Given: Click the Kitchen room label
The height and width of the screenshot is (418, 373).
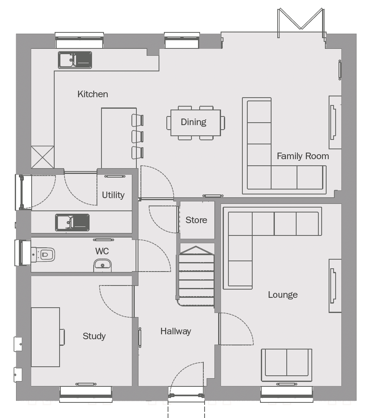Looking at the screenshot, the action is (x=93, y=94).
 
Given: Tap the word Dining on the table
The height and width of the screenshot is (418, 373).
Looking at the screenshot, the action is (x=193, y=122).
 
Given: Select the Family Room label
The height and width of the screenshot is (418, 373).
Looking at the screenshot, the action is (x=303, y=156).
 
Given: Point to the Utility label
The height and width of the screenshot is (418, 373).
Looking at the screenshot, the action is (x=113, y=195).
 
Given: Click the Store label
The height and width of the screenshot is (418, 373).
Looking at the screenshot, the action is (x=196, y=220).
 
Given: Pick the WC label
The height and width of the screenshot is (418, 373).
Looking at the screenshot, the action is (x=102, y=251).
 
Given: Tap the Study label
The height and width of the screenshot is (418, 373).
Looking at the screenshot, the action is (x=94, y=336).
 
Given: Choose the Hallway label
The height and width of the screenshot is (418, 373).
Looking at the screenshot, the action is (x=176, y=331).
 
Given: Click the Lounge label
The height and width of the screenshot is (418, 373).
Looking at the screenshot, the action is (x=283, y=295).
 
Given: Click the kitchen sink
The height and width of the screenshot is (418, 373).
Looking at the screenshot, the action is (x=75, y=60).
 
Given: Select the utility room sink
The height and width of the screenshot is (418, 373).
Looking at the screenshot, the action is (x=72, y=222).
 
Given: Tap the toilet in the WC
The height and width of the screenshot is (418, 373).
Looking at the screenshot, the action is (x=43, y=255).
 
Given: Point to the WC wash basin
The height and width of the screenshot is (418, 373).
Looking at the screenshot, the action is (x=102, y=265).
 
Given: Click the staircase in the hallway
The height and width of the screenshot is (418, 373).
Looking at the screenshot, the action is (x=196, y=276).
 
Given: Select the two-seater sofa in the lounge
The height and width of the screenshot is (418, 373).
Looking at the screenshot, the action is (x=286, y=365).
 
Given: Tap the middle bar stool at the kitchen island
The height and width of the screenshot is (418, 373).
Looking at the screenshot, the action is (x=138, y=137).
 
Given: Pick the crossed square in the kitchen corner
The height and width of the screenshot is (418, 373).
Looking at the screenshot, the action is (x=43, y=157).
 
